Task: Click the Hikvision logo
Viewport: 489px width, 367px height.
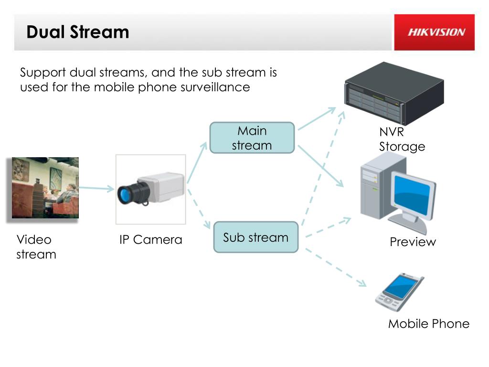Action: (x=436, y=32)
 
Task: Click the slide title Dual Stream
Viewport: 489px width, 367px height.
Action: (x=78, y=32)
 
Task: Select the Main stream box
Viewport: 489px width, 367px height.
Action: (x=252, y=138)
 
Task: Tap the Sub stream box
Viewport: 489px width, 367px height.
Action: (x=256, y=237)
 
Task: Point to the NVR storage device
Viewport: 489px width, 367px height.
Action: (x=394, y=93)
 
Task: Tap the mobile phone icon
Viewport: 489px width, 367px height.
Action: (x=399, y=292)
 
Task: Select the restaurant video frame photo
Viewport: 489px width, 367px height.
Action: (x=45, y=187)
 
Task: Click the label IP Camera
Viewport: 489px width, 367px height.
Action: (x=150, y=240)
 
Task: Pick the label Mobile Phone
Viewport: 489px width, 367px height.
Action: (x=429, y=324)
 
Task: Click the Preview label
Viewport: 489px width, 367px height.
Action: (x=413, y=242)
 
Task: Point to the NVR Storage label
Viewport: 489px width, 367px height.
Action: (x=402, y=139)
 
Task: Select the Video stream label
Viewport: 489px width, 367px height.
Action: (x=36, y=247)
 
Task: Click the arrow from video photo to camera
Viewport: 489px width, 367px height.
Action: (x=96, y=188)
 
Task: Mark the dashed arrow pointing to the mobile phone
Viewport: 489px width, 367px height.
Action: (x=336, y=267)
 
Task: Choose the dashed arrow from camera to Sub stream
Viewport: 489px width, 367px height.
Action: (x=199, y=209)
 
